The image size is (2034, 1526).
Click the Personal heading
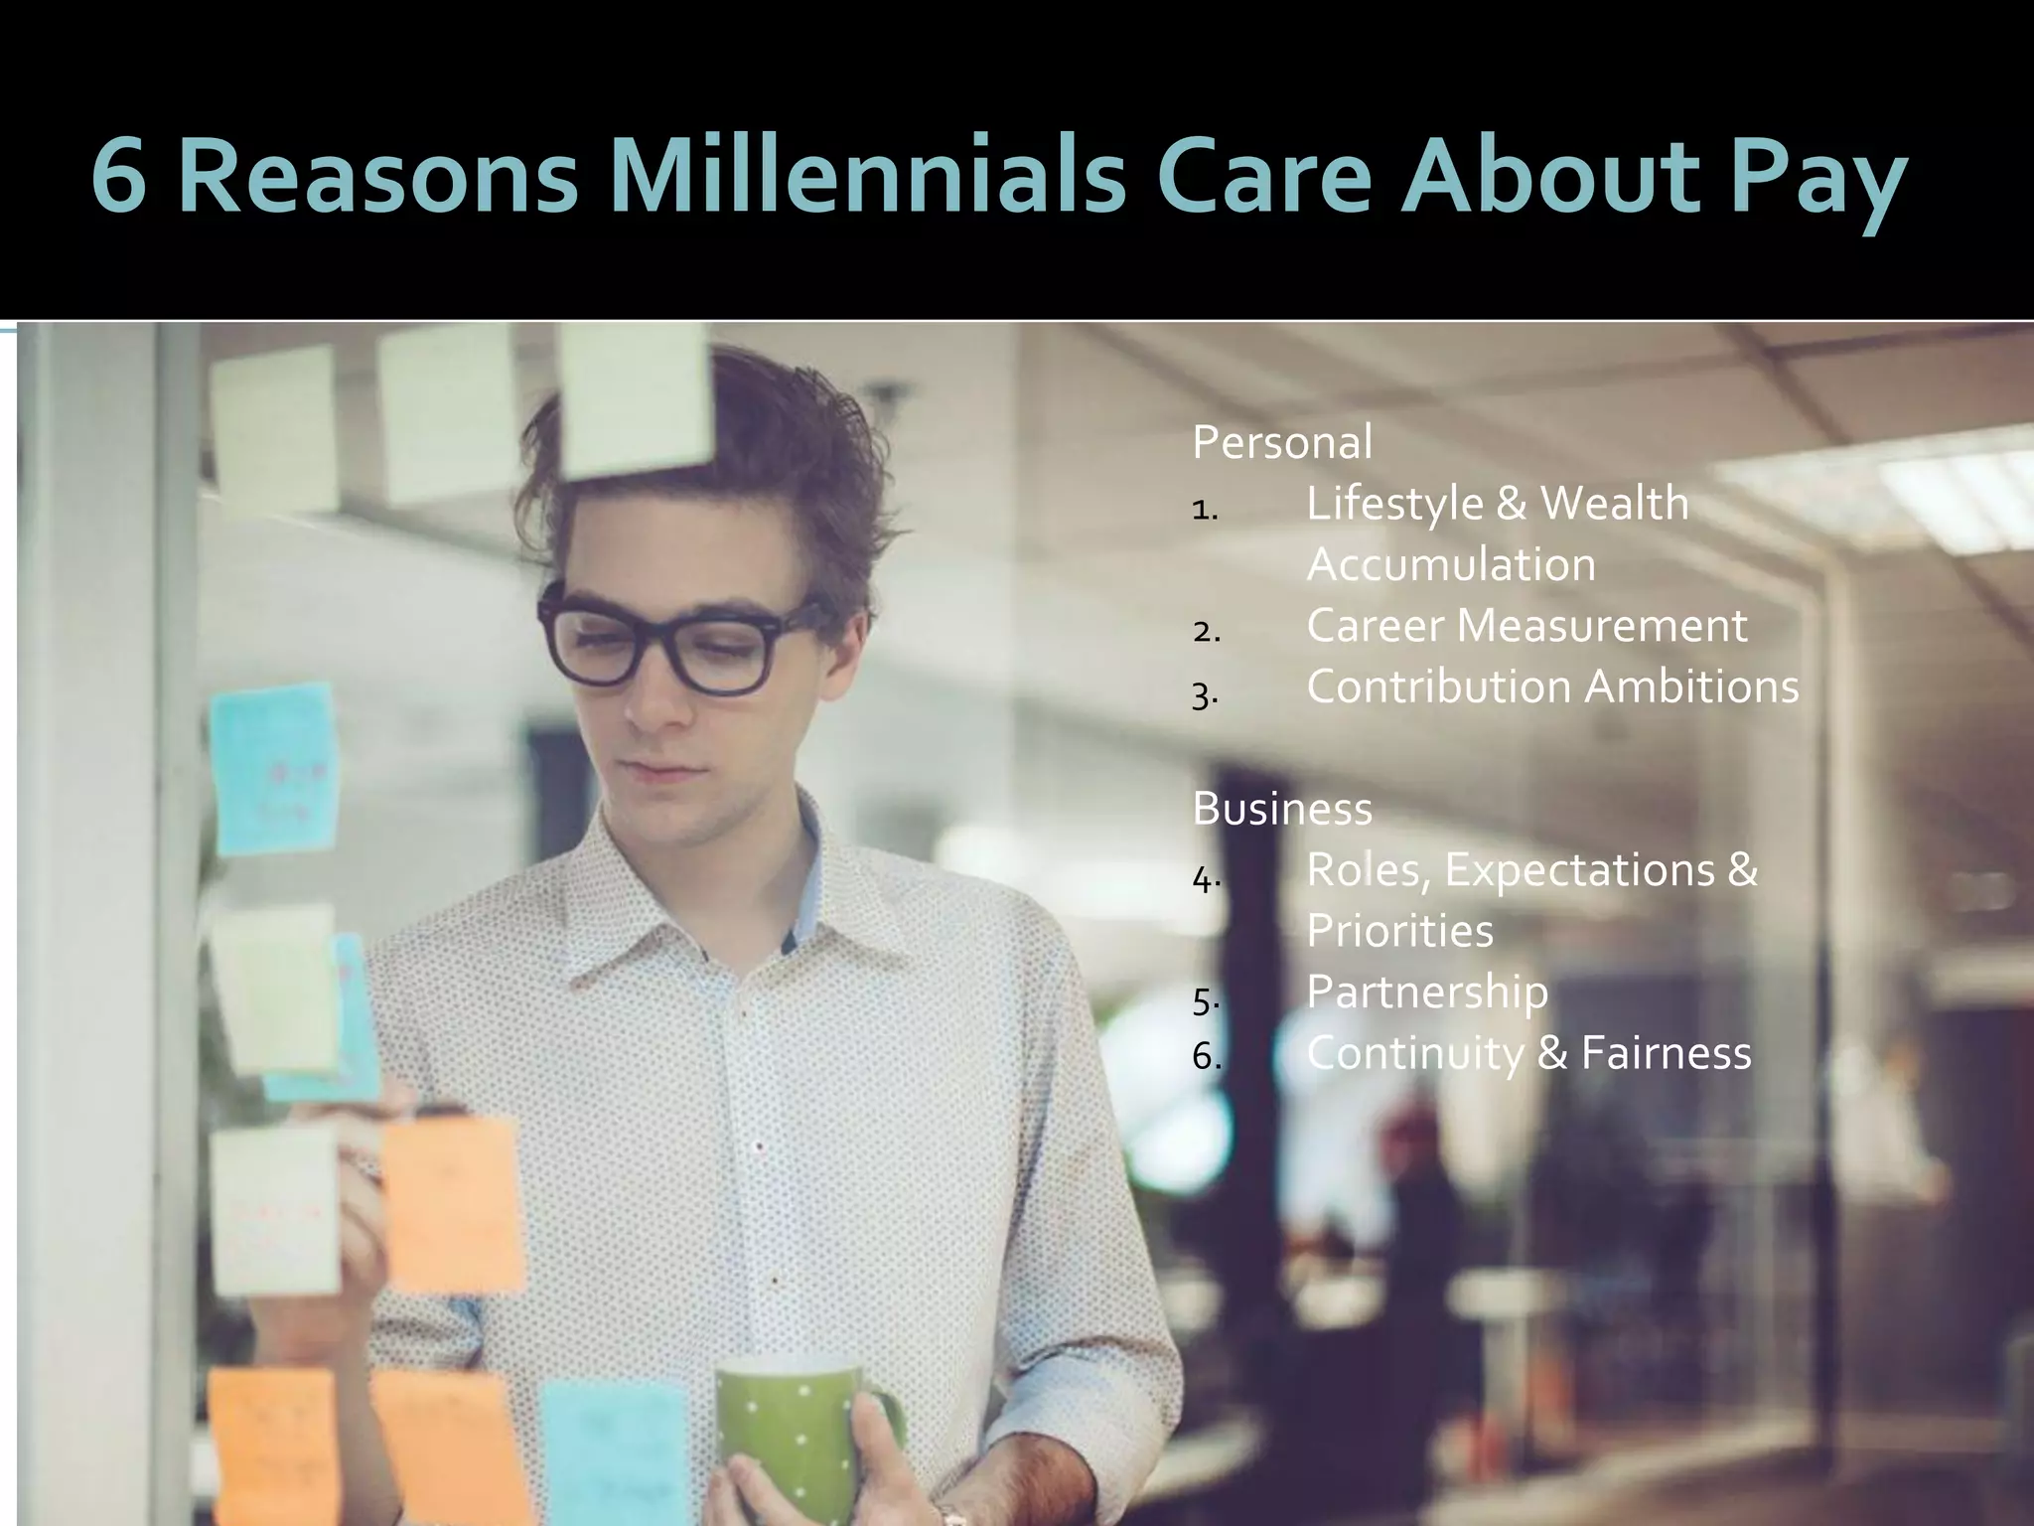(x=1281, y=442)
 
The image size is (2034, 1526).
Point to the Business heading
(x=1281, y=809)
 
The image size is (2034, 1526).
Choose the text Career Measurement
(x=1525, y=626)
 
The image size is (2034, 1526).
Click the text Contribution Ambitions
(x=1551, y=687)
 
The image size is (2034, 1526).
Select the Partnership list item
(x=1426, y=992)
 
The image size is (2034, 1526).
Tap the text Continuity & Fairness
(x=1527, y=1053)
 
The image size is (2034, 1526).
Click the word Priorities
(x=1398, y=931)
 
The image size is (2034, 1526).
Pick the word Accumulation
(x=1450, y=564)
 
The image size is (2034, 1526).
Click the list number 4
(x=1205, y=879)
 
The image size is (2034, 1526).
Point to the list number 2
(x=1205, y=632)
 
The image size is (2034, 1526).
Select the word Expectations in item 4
(x=1578, y=870)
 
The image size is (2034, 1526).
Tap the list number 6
(x=1205, y=1058)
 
